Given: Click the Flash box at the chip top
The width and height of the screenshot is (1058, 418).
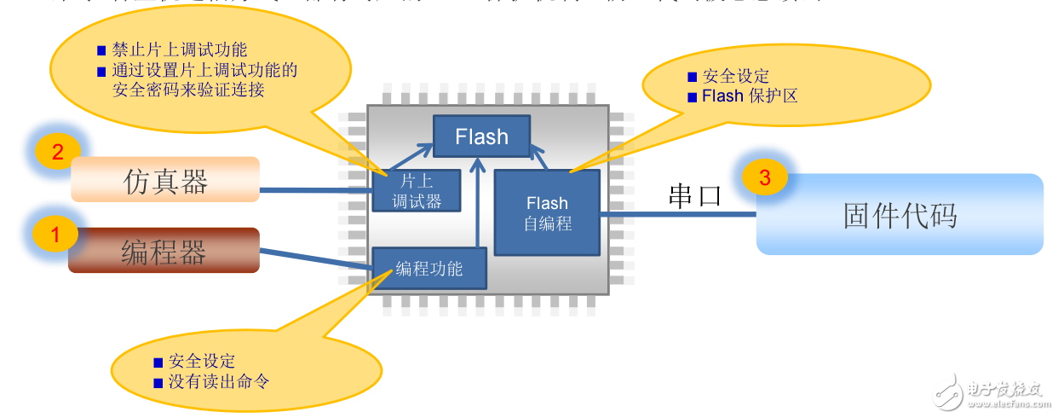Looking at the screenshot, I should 481,136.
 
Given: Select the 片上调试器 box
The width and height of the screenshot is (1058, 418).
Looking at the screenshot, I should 417,190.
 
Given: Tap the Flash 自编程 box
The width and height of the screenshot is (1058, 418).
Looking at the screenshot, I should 547,212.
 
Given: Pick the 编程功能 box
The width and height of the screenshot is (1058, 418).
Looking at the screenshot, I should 429,269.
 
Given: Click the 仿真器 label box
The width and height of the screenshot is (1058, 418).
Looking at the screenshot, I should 165,180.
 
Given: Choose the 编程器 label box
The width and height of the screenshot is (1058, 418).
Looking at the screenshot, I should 164,251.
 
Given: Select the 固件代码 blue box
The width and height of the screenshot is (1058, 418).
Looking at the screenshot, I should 900,215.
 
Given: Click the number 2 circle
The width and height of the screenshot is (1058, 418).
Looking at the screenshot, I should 58,153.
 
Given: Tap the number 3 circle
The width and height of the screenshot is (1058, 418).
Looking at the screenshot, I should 764,178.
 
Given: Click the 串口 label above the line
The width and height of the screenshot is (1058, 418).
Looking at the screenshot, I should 694,196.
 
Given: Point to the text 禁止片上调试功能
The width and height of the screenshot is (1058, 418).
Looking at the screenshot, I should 180,50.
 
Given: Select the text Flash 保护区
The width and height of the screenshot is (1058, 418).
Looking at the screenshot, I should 750,96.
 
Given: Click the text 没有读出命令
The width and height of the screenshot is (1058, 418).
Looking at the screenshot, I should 219,381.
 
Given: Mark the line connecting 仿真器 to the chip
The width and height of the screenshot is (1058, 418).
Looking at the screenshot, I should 315,190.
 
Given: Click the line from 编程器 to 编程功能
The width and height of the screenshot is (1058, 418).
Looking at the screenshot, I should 315,260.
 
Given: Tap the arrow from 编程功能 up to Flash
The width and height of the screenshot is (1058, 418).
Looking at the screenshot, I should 480,205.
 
